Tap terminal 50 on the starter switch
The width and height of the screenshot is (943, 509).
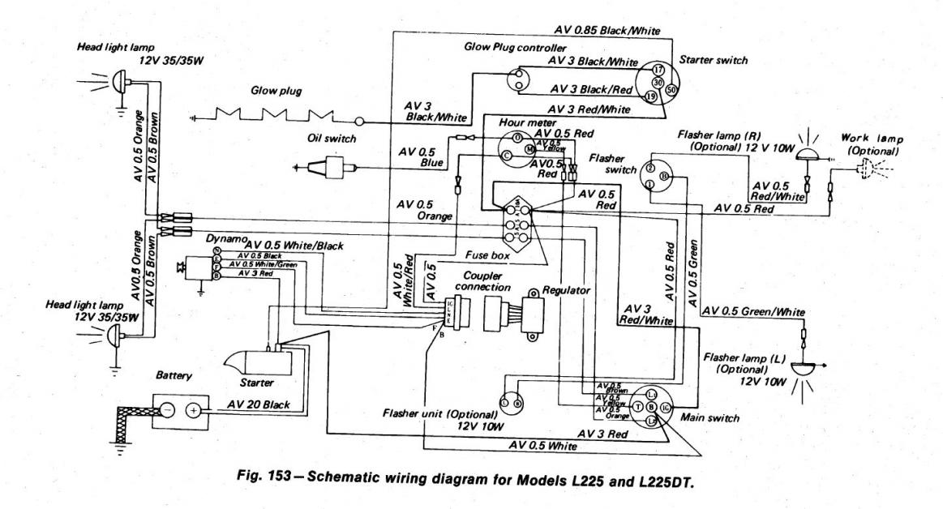click(672, 89)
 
